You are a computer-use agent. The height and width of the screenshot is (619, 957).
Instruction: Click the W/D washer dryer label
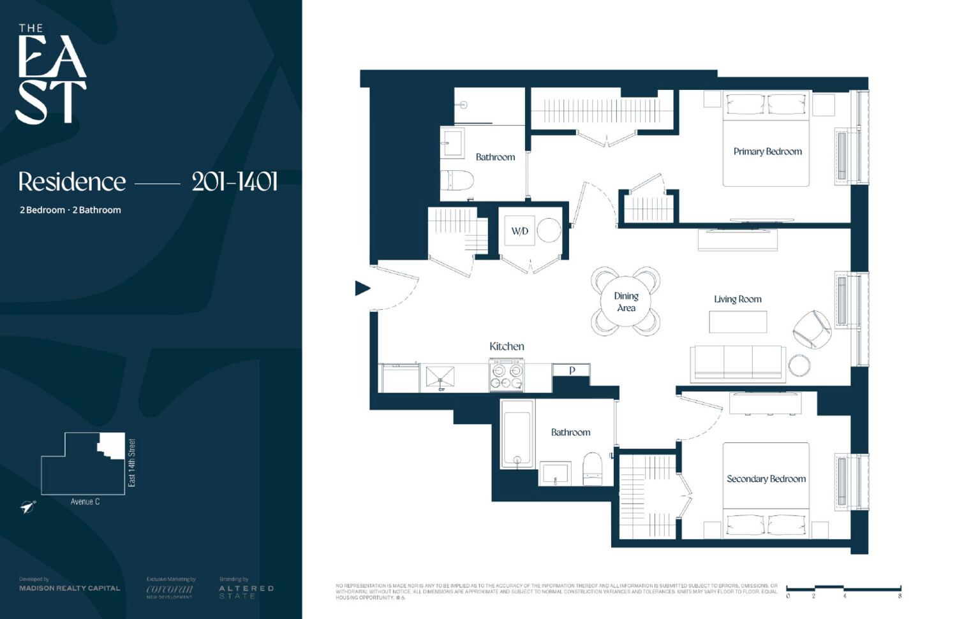click(519, 231)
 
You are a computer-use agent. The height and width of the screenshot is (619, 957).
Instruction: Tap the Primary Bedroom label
click(767, 152)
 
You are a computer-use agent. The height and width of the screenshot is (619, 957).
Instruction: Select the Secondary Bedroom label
click(766, 479)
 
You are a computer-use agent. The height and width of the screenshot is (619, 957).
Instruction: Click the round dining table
click(626, 302)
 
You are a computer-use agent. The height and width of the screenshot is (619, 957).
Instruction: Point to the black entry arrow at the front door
click(362, 288)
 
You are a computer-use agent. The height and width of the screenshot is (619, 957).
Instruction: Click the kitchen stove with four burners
click(507, 375)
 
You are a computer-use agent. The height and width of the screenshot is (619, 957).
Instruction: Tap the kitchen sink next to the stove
click(440, 377)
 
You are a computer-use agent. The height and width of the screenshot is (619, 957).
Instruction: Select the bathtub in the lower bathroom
click(517, 433)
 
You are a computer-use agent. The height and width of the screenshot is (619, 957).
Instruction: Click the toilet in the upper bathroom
click(457, 180)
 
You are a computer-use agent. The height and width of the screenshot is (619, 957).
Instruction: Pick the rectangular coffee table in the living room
click(738, 322)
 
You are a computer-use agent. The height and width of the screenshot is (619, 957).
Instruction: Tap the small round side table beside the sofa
click(799, 366)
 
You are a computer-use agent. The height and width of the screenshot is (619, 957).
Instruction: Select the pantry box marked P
click(572, 370)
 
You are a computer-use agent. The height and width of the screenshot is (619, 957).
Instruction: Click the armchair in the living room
click(812, 328)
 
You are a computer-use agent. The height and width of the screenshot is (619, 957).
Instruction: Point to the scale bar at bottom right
click(843, 588)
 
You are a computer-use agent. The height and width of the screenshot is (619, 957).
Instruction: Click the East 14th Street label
click(132, 463)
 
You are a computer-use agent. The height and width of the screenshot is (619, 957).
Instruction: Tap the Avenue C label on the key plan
click(85, 502)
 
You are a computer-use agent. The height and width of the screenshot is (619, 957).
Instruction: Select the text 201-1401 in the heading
click(235, 182)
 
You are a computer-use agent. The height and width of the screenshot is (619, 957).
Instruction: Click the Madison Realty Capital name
click(70, 588)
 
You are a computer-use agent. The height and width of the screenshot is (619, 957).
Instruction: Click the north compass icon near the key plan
click(27, 507)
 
